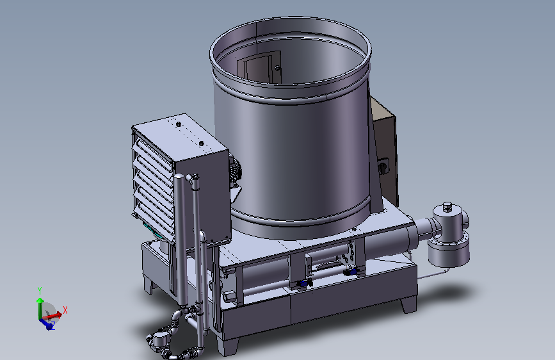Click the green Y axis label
[x=40, y=291]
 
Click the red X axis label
[x=65, y=311]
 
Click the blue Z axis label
[x=52, y=325]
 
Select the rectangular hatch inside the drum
[x=259, y=67]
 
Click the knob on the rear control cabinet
[x=383, y=166]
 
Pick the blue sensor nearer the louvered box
[x=303, y=283]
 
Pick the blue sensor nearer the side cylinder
[x=350, y=272]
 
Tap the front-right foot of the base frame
[x=408, y=305]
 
